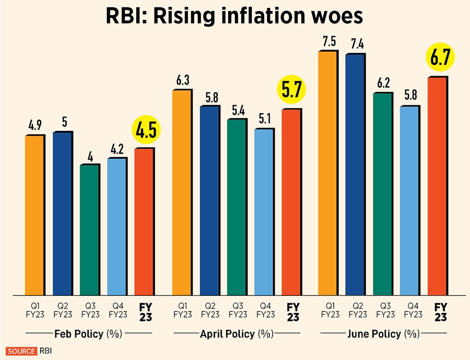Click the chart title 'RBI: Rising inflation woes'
point(236,17)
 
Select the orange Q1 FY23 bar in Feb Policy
point(35,214)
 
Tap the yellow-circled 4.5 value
point(146,130)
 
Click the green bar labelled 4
point(89,230)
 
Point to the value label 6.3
point(182,80)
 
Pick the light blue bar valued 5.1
point(264,211)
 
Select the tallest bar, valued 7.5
point(329,172)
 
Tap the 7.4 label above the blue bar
point(357,44)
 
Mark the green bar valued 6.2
point(383,193)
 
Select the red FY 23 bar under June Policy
point(438,185)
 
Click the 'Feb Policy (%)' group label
point(88,333)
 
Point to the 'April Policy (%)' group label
point(237,333)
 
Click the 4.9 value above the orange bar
point(36,126)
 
